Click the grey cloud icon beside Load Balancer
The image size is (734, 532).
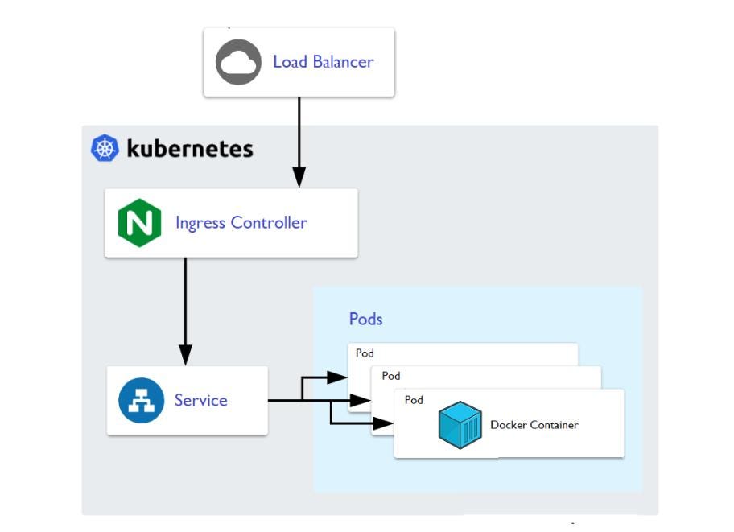pos(238,62)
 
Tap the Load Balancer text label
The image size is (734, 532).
pos(323,62)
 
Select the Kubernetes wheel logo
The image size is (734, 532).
pos(105,149)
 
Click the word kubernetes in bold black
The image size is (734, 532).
pos(190,149)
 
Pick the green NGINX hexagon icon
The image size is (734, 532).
pos(139,223)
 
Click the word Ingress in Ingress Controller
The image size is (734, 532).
pos(201,223)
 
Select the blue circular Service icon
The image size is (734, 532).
pos(142,401)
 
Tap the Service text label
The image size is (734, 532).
pos(201,401)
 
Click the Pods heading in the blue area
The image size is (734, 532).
pos(365,319)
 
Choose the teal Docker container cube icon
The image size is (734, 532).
pos(460,426)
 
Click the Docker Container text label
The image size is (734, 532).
pos(534,425)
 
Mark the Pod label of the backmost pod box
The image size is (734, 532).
pos(365,353)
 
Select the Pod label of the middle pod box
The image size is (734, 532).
pos(390,376)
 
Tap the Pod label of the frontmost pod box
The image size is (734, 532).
pos(414,400)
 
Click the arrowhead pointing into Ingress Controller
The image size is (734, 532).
pos(299,178)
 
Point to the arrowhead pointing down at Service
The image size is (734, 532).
pos(185,354)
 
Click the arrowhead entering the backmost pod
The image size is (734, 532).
pos(338,377)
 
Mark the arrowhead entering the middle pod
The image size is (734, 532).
pos(361,400)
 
